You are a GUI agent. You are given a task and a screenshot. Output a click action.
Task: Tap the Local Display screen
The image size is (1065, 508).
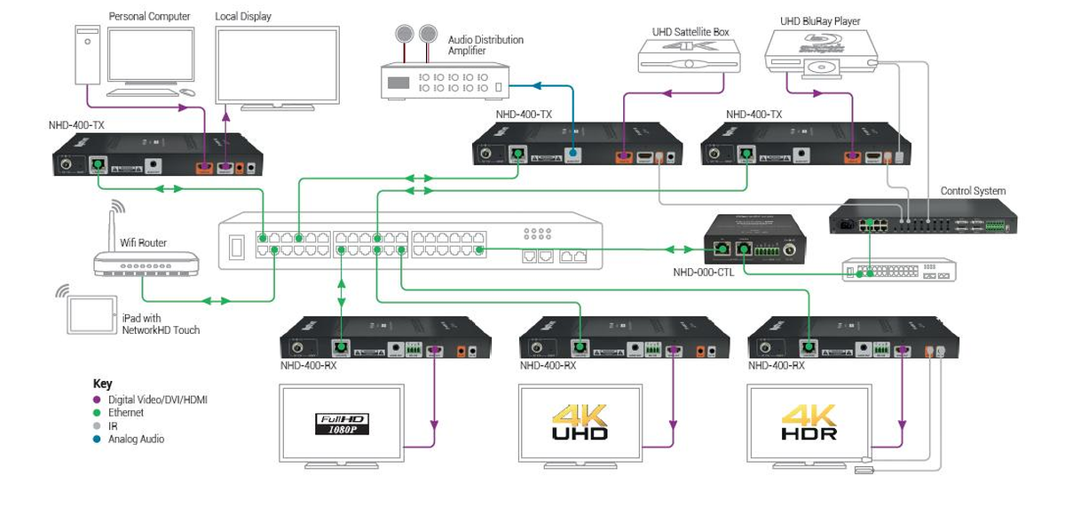tap(277, 66)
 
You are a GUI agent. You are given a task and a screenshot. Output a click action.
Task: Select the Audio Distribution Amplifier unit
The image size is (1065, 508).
tap(445, 82)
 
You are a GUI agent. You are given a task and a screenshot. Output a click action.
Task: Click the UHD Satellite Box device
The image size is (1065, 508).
tap(689, 56)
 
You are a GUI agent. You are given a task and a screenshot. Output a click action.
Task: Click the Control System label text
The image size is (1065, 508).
tap(973, 191)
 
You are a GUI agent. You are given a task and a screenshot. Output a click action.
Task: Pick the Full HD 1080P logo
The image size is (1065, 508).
tap(342, 424)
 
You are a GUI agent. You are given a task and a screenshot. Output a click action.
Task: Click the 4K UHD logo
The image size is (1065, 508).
tap(580, 423)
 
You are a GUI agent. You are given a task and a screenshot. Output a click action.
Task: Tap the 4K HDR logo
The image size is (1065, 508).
tap(809, 423)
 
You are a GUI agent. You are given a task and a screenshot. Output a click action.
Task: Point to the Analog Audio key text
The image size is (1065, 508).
tap(136, 439)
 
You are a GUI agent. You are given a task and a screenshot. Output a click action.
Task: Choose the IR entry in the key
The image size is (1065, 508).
tap(113, 426)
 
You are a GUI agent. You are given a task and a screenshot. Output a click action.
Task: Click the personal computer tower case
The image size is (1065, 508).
tap(88, 55)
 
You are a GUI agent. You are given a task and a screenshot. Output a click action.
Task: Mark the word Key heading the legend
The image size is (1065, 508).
tap(102, 385)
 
